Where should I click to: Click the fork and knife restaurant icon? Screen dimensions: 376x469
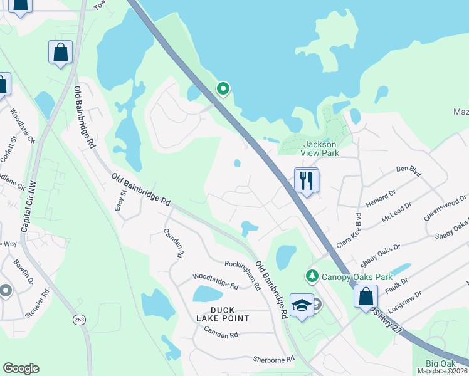(x=306, y=180)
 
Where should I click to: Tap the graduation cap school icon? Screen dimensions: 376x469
(x=302, y=305)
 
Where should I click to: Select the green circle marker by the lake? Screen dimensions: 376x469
(x=223, y=89)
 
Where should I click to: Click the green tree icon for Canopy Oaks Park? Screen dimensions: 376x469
(x=312, y=276)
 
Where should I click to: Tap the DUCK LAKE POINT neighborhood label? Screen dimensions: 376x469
(x=221, y=314)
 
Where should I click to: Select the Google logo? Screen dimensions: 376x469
(x=21, y=368)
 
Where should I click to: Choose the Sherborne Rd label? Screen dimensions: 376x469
(x=273, y=359)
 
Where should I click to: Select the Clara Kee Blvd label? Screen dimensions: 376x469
(x=350, y=233)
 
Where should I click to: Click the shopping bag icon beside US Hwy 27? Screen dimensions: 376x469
(x=366, y=297)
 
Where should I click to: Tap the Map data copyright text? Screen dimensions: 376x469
(x=442, y=371)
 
